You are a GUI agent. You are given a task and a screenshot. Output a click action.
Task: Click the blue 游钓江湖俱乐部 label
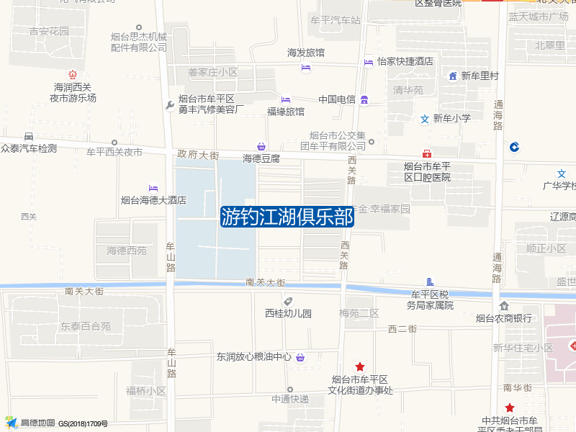pyautogui.click(x=287, y=217)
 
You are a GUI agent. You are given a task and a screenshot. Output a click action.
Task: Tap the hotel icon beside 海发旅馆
pyautogui.click(x=306, y=68)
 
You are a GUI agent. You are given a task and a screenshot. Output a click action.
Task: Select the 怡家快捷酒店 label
pyautogui.click(x=405, y=62)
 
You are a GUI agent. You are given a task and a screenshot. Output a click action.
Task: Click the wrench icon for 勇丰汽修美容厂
pyautogui.click(x=170, y=105)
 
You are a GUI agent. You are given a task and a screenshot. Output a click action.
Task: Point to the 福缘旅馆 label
pyautogui.click(x=286, y=112)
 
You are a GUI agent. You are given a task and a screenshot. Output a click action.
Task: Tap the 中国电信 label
pyautogui.click(x=337, y=99)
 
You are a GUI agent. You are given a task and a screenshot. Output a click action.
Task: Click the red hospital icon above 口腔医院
pyautogui.click(x=427, y=153)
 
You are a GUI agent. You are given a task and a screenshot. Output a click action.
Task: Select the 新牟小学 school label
pyautogui.click(x=451, y=119)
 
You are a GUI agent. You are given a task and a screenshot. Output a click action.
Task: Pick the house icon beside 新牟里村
pyautogui.click(x=453, y=76)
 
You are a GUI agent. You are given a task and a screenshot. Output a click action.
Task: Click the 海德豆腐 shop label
pyautogui.click(x=261, y=158)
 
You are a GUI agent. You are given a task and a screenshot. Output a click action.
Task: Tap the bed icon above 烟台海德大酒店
pyautogui.click(x=153, y=189)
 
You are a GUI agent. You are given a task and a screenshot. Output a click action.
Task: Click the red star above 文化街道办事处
pyautogui.click(x=360, y=366)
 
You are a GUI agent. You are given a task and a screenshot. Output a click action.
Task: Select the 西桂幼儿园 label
pyautogui.click(x=288, y=313)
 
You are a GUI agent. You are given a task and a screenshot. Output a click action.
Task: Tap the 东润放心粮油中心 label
pyautogui.click(x=254, y=356)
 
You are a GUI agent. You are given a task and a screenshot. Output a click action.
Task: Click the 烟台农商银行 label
pyautogui.click(x=504, y=318)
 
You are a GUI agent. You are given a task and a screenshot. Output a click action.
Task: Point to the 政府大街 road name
pyautogui.click(x=198, y=154)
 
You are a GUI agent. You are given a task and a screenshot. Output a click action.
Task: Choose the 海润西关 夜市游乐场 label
pyautogui.click(x=73, y=92)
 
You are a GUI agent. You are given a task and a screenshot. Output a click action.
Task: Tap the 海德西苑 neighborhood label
pyautogui.click(x=127, y=251)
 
